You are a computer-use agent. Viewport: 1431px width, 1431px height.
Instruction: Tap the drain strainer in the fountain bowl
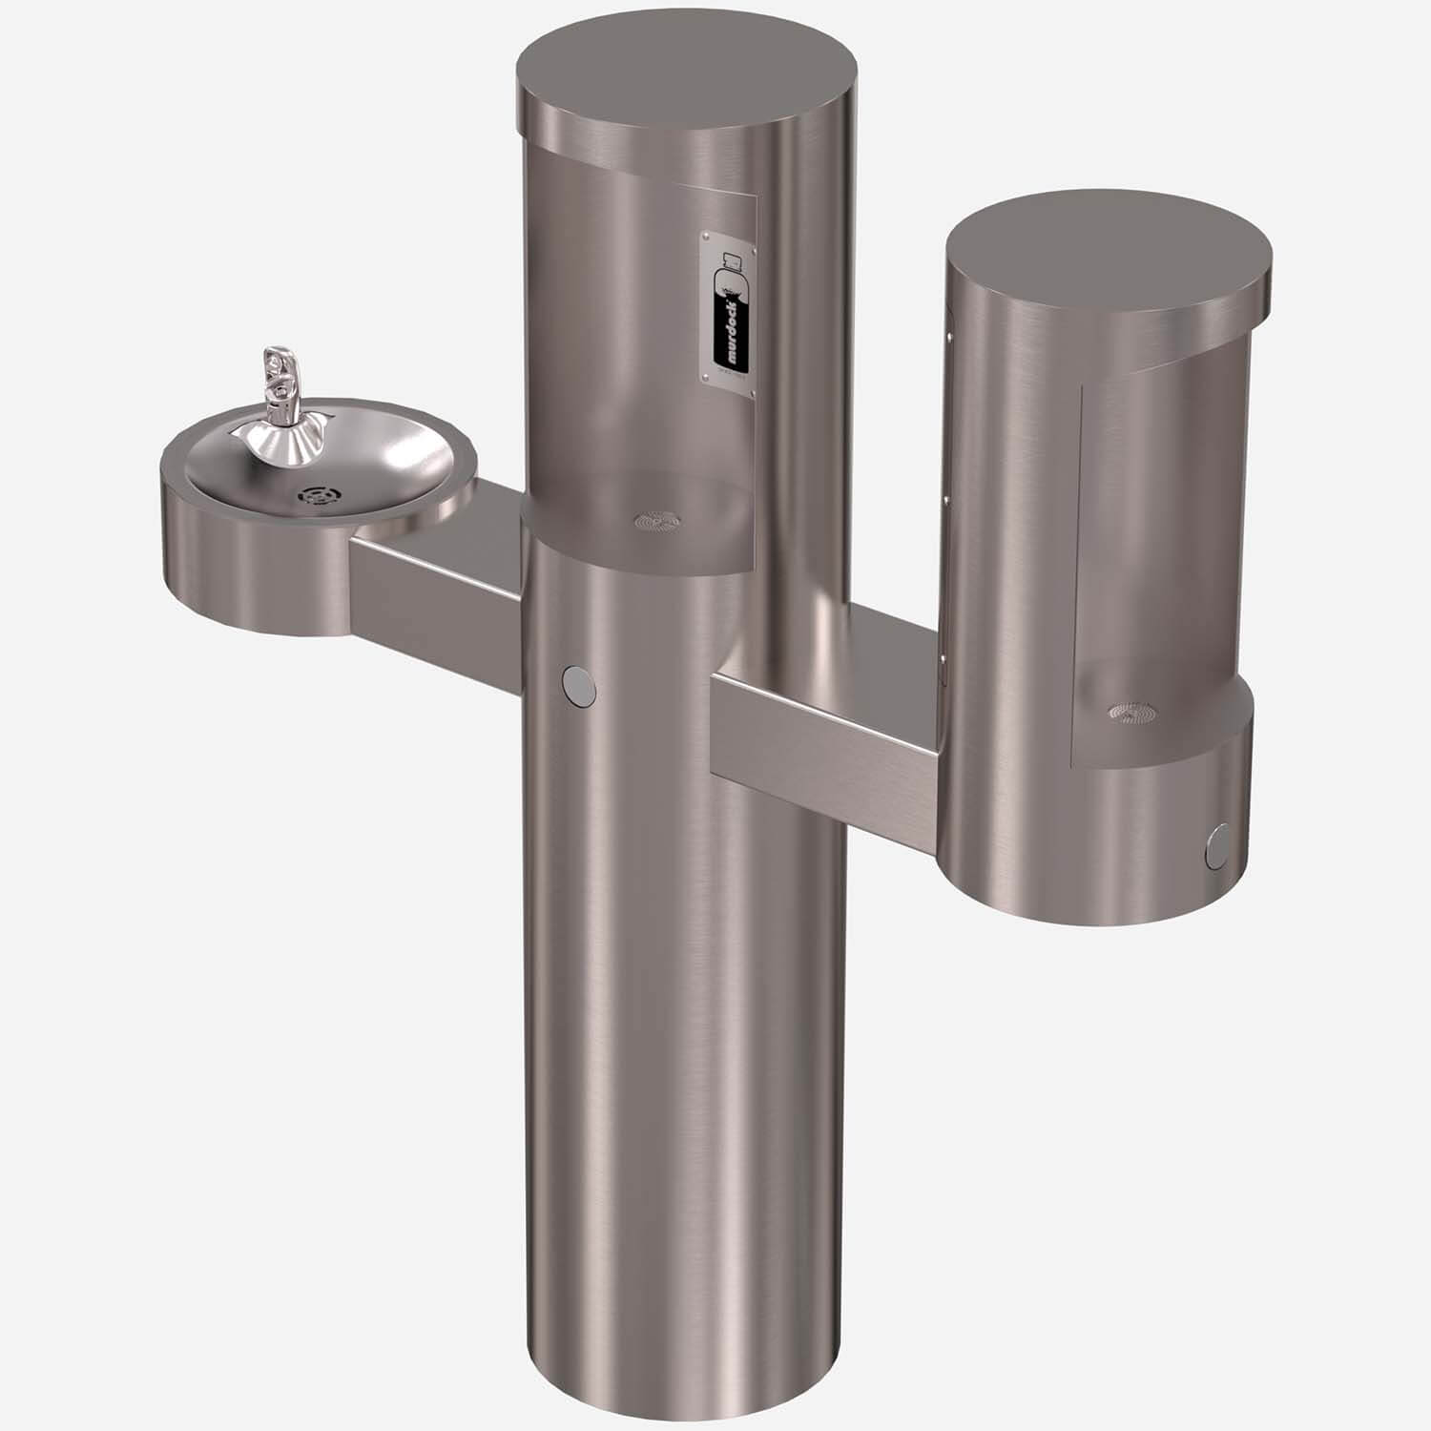315,496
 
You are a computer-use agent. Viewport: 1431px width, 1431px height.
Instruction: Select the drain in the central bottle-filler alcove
657,521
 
